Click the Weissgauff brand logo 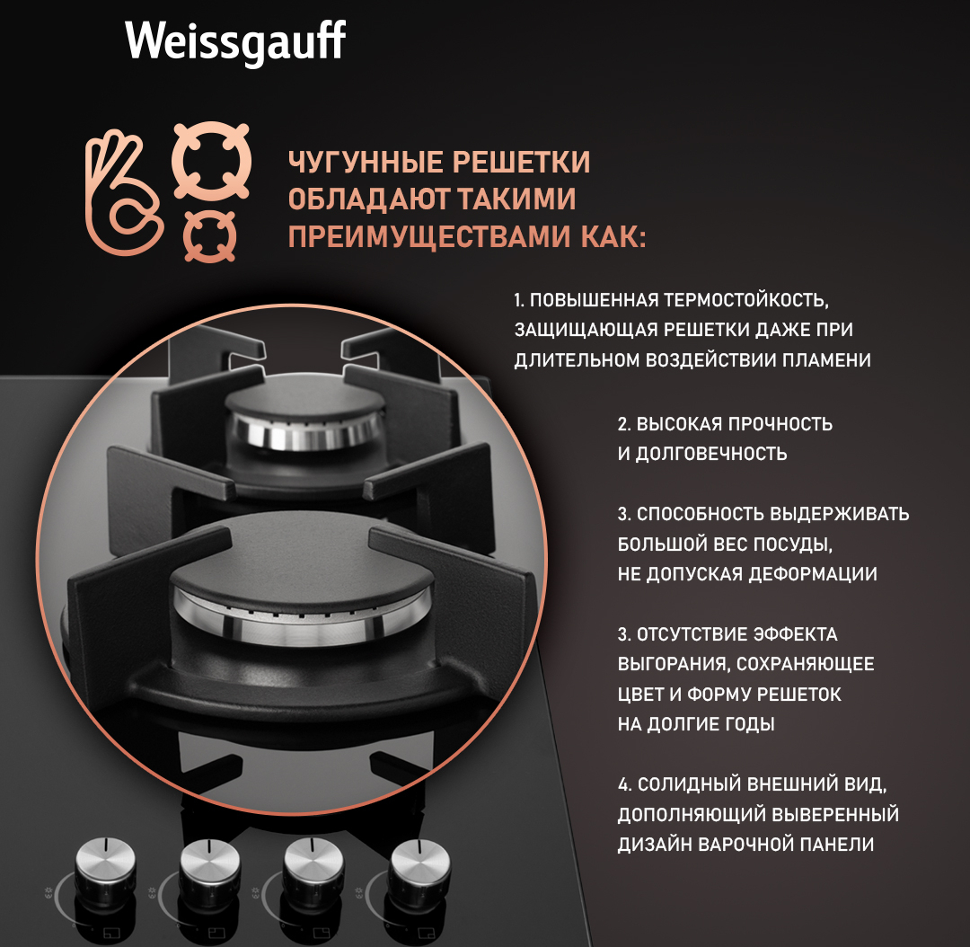click(x=235, y=42)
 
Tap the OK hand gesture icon click(x=123, y=192)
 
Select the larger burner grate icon click(x=211, y=160)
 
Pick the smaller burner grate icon click(x=209, y=235)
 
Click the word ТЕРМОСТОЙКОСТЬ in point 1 click(x=746, y=300)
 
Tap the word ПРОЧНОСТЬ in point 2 click(x=780, y=424)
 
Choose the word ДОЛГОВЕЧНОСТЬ click(x=711, y=454)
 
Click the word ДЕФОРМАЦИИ click(x=812, y=574)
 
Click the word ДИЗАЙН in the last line click(x=655, y=845)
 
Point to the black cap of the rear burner click(x=304, y=400)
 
